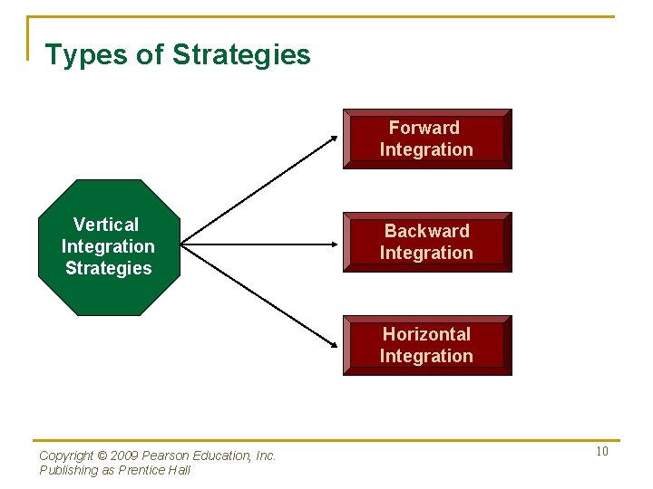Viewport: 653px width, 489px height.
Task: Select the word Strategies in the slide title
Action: click(241, 55)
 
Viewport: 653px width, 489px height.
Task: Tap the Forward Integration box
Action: click(426, 139)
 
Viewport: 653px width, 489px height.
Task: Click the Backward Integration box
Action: click(426, 242)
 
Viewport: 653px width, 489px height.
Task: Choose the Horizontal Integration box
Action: click(426, 345)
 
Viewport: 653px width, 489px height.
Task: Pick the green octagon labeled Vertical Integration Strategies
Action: click(108, 246)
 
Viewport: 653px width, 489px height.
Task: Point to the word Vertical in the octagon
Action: click(106, 225)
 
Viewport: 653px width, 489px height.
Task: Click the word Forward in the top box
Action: click(424, 128)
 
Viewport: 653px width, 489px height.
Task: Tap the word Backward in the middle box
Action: click(426, 231)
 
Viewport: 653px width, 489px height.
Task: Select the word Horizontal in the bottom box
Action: click(426, 334)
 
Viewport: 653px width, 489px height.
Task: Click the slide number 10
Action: click(602, 452)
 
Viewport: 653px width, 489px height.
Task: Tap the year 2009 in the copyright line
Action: click(126, 455)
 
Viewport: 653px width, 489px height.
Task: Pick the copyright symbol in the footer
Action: click(102, 455)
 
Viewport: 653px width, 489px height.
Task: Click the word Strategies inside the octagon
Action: click(109, 268)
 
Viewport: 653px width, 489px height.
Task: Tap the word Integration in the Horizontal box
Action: click(426, 356)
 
